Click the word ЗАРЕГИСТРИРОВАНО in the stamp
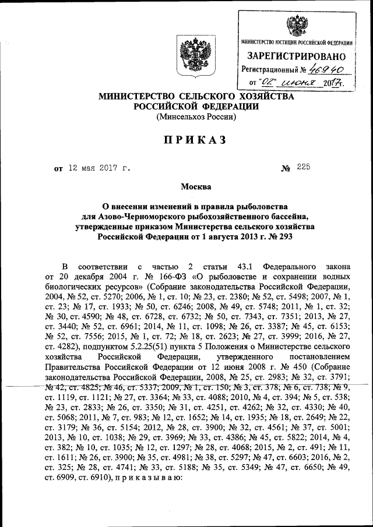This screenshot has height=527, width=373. (296, 56)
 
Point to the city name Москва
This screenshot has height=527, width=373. (196, 186)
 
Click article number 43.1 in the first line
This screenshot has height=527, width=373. (231, 263)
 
